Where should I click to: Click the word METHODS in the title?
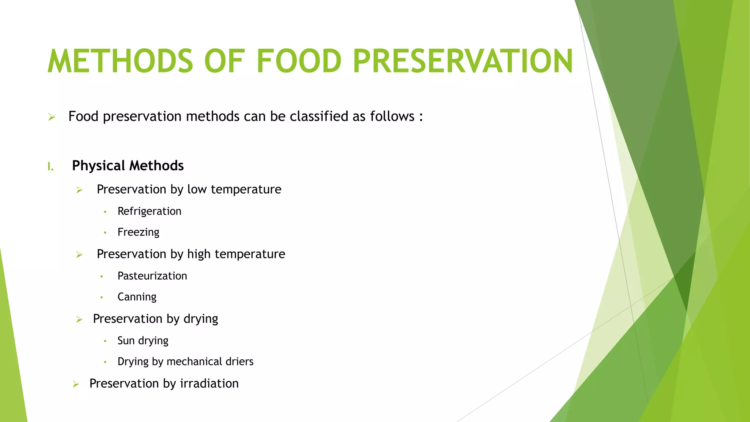click(x=120, y=61)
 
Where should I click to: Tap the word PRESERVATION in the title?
click(x=463, y=61)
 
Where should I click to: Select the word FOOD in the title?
click(x=299, y=61)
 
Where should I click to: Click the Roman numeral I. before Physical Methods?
click(x=51, y=167)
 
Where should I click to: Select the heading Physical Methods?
click(x=128, y=166)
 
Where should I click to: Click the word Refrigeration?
click(x=149, y=211)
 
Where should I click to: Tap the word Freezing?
click(x=138, y=232)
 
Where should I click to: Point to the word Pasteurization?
click(x=152, y=276)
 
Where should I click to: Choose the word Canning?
click(x=137, y=297)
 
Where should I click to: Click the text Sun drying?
click(x=143, y=341)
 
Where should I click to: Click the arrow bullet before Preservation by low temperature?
click(x=79, y=190)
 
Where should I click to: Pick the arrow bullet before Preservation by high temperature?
click(x=79, y=255)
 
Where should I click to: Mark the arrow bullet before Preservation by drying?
click(x=79, y=319)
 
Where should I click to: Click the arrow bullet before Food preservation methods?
click(x=52, y=117)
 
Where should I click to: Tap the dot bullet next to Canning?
click(x=102, y=297)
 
